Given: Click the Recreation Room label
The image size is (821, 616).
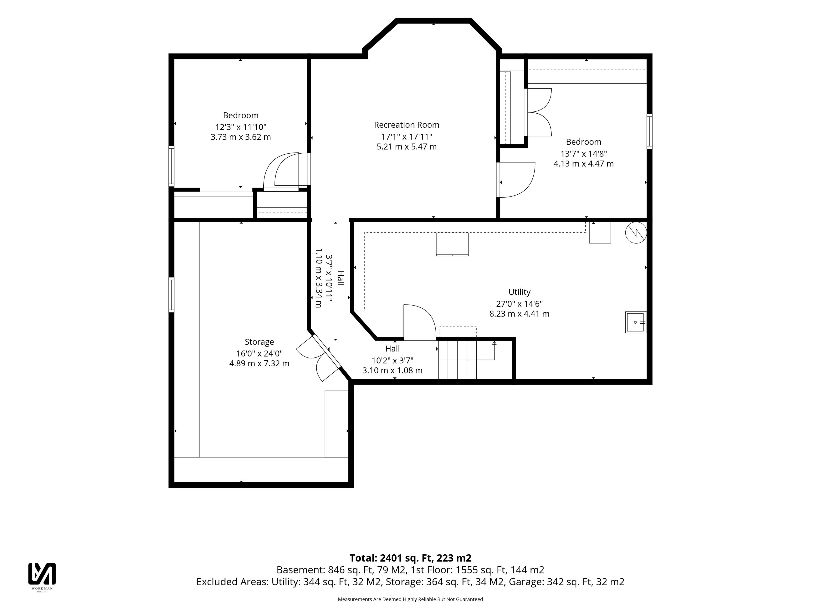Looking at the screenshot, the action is [x=406, y=125].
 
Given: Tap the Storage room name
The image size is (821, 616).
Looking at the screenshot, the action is [x=259, y=342].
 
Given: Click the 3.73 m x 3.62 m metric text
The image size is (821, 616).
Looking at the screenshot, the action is [x=241, y=137].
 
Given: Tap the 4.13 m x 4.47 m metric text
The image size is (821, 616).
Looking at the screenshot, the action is [x=583, y=164].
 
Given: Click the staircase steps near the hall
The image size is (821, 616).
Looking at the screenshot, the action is [x=457, y=359].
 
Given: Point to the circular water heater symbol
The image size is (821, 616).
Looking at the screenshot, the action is [x=636, y=233].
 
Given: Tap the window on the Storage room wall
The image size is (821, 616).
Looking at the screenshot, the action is [x=171, y=295].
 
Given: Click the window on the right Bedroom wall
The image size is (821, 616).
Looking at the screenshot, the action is [x=650, y=132].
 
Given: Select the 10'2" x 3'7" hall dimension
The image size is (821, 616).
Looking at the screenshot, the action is [x=392, y=360].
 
